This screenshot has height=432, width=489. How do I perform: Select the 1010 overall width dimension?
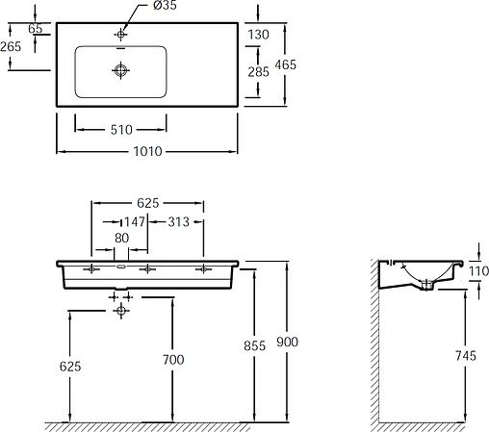coord(145,151)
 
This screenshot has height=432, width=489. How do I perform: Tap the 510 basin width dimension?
coord(120,128)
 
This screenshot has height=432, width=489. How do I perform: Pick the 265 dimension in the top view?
coord(13,46)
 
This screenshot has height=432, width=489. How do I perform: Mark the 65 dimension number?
coord(36,29)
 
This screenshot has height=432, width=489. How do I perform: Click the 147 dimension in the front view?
coord(133,222)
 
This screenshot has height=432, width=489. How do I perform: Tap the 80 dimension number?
coord(120,239)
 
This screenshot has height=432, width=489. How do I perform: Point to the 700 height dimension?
coord(173,359)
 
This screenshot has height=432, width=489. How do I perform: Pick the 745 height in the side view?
coord(465,356)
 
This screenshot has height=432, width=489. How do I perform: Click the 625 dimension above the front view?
coord(146,203)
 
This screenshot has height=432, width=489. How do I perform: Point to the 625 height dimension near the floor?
coord(69,366)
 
